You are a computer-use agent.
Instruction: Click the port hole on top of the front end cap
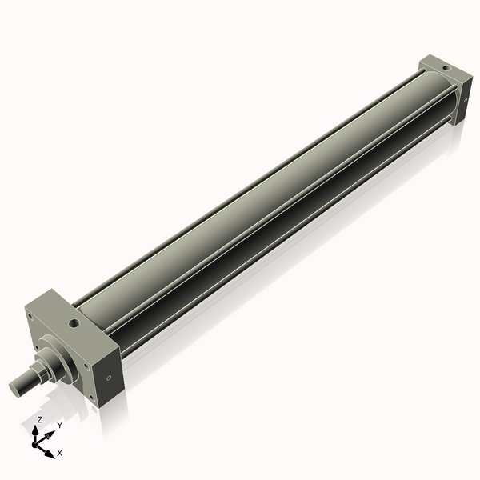(74, 324)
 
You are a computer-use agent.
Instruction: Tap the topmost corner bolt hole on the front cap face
(30, 318)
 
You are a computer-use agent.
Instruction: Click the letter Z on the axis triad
(40, 419)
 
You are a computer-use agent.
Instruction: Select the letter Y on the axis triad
(60, 425)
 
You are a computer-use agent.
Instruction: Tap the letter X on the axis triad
(60, 453)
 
